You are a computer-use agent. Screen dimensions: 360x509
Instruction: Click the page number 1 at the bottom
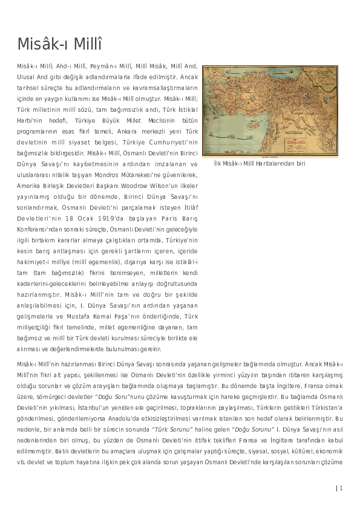(341, 488)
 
